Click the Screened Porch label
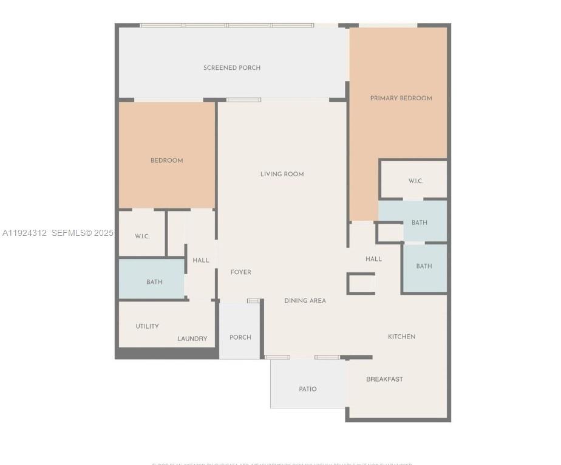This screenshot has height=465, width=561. tap(232, 68)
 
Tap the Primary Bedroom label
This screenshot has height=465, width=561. tap(401, 98)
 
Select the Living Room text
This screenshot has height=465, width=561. tap(282, 174)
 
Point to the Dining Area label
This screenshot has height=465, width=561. tap(305, 301)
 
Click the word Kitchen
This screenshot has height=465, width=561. tap(402, 337)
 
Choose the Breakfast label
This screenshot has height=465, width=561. tap(384, 379)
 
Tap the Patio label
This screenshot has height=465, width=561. tap(308, 389)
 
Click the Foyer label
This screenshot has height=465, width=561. tap(241, 272)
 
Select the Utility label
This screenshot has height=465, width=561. tap(148, 326)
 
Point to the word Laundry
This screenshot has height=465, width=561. tap(192, 339)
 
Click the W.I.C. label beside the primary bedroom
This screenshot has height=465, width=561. tap(416, 181)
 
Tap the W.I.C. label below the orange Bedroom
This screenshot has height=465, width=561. tap(142, 236)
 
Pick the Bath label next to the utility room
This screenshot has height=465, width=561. tap(154, 282)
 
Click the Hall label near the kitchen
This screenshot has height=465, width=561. tap(374, 259)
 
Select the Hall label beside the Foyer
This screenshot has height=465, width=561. tap(201, 260)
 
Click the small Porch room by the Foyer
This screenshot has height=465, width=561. tap(240, 337)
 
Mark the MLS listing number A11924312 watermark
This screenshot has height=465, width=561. tap(24, 233)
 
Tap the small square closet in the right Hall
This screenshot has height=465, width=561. tap(361, 283)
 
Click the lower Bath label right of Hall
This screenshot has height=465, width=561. tap(424, 266)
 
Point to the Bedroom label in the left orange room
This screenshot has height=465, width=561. tap(167, 161)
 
